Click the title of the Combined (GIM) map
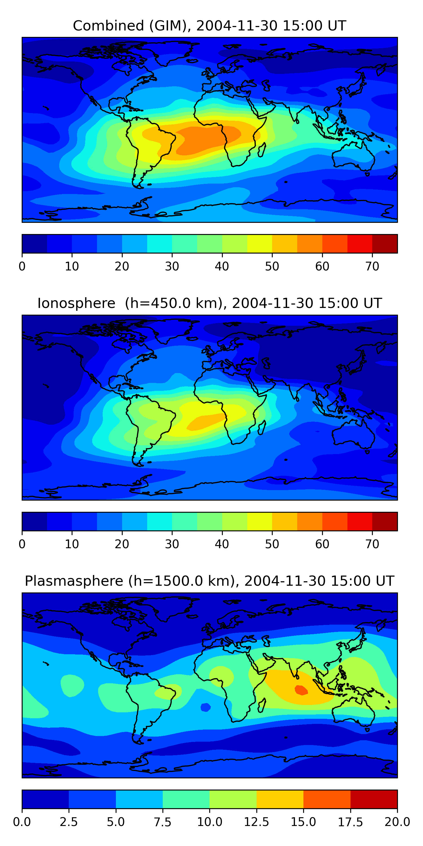click(210, 26)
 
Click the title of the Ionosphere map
click(210, 303)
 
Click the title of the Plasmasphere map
click(210, 581)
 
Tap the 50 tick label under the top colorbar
click(272, 266)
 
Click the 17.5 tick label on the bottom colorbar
click(351, 822)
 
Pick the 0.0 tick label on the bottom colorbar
click(22, 822)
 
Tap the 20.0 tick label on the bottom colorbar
click(397, 822)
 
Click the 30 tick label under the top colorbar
click(172, 266)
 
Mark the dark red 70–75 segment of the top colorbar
click(385, 244)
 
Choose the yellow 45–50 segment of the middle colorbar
click(259, 521)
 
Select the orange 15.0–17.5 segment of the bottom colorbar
click(327, 799)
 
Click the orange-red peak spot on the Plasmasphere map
click(301, 690)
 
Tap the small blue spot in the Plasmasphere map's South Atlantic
click(206, 707)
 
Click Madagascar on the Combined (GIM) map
click(262, 150)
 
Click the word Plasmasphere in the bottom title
click(74, 581)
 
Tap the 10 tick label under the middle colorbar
click(72, 544)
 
